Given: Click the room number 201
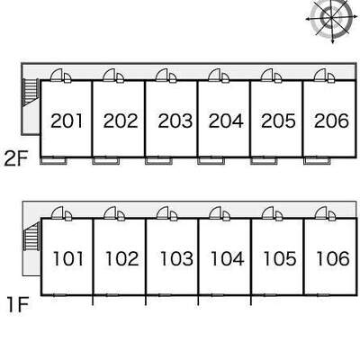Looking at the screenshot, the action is pos(67,121).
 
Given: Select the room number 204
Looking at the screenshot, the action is pos(226,121).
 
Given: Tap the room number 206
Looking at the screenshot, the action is pos(331,121).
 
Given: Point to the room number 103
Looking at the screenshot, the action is pos(176,258).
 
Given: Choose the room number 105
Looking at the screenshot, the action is pos(280,258).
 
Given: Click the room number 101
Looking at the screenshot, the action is pos(67,258).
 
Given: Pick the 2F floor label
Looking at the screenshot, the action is pos(16,159).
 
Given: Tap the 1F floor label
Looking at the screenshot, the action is pos(18,304).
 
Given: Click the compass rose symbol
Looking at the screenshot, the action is pos(331,19).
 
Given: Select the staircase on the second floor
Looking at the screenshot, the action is pos(31,92).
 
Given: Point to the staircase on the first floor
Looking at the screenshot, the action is pos(31,237).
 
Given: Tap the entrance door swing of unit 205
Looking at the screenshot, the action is pos(267,76).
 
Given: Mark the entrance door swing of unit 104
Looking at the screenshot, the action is pos(215,213).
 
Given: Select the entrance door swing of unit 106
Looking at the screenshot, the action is pos(321,213).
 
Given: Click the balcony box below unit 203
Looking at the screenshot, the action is pos(159,161).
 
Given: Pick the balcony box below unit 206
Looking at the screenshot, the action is pos(318,161).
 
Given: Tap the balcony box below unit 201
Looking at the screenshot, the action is pos(54,161).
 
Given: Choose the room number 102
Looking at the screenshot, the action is pos(122,258).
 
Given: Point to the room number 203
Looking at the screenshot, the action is pos(175,121).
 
